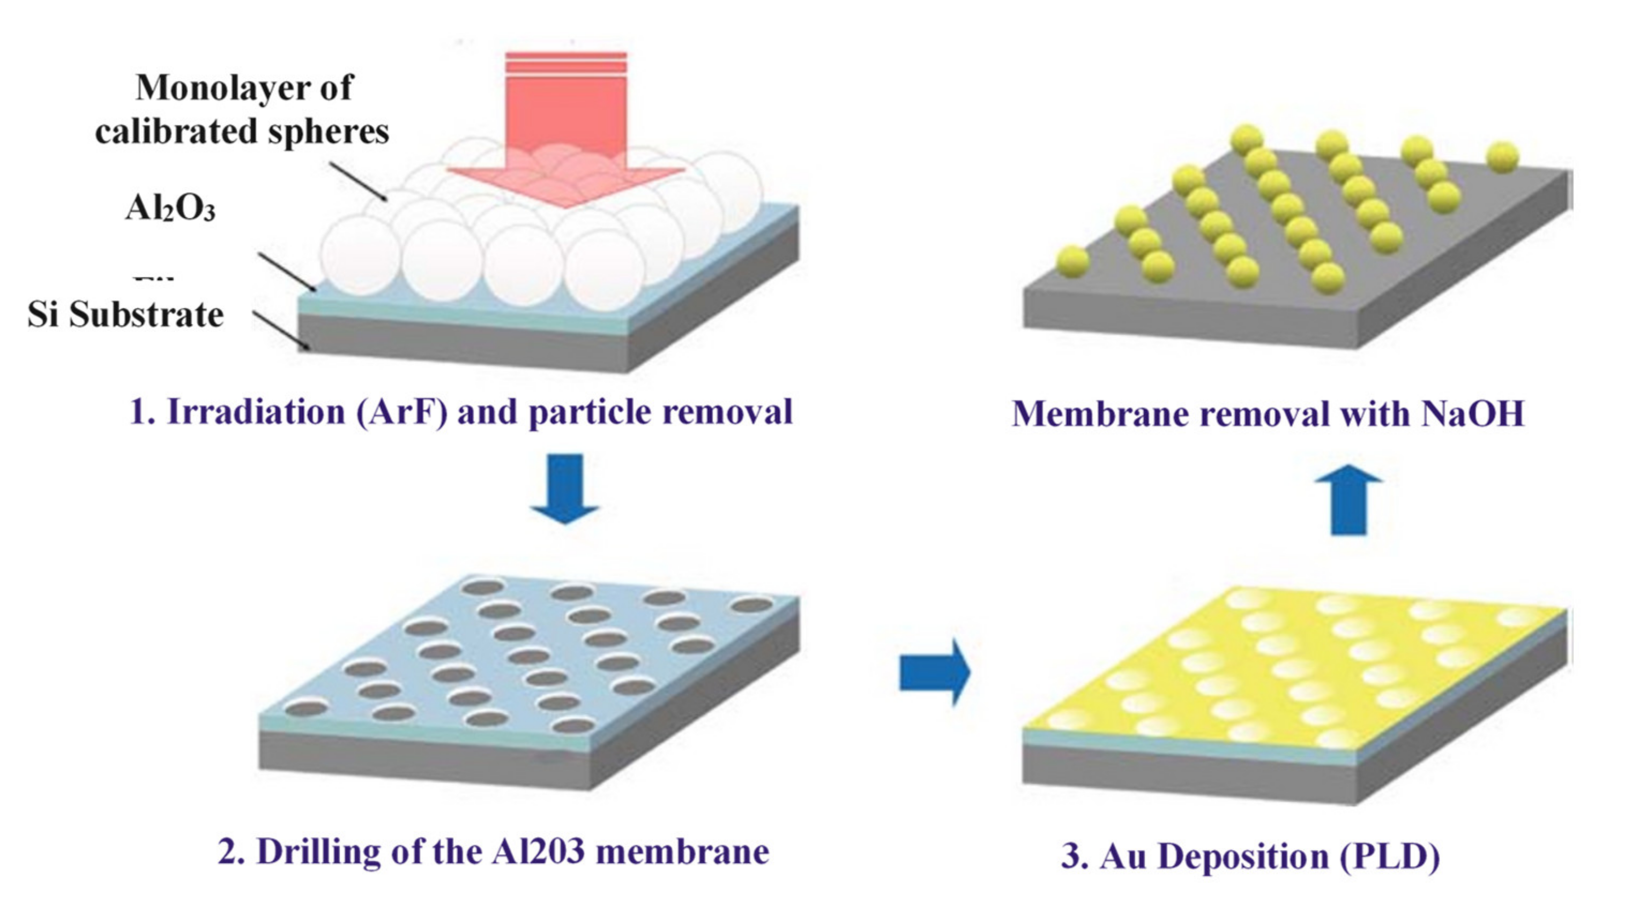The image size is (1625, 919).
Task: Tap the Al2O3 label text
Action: [x=170, y=207]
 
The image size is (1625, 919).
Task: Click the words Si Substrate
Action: [x=125, y=314]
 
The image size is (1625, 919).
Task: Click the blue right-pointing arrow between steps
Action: [x=934, y=673]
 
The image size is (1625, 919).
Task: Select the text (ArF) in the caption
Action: [x=402, y=412]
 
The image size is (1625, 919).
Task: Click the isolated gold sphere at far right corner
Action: [x=1502, y=156]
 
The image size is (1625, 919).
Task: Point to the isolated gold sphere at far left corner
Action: [x=1072, y=261]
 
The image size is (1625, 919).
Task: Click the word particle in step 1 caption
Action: [x=590, y=412]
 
